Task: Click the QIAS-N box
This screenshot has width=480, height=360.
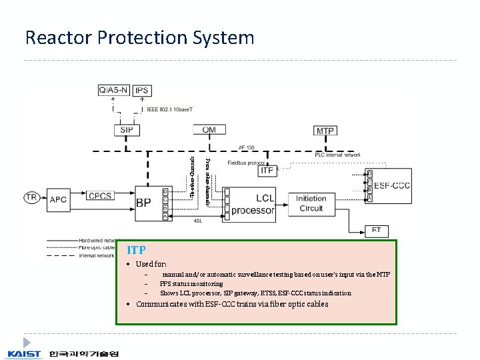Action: click(x=114, y=90)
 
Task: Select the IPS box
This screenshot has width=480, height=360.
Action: click(x=141, y=90)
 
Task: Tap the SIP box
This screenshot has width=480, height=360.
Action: click(x=126, y=130)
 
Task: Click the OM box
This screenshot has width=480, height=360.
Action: click(x=209, y=129)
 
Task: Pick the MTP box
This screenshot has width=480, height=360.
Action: click(x=325, y=131)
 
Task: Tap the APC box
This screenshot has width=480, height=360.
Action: click(x=59, y=198)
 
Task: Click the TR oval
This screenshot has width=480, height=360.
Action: click(x=31, y=197)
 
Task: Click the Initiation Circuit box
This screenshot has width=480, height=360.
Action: click(x=311, y=203)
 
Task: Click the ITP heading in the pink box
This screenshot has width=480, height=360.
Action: click(x=136, y=250)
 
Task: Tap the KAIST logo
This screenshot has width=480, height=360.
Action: click(x=24, y=353)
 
